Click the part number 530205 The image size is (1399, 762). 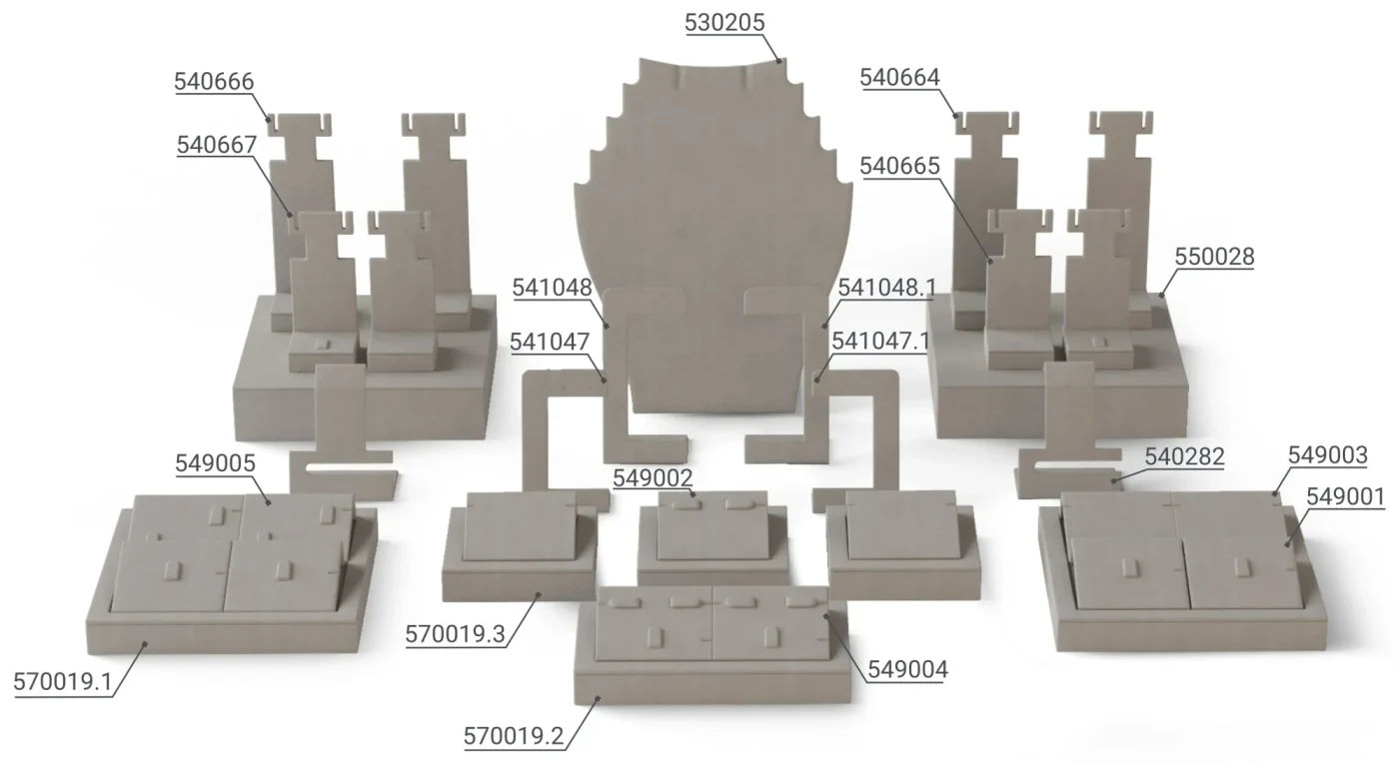pos(724,22)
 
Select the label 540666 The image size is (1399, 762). pos(214,82)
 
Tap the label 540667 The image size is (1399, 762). pos(217,145)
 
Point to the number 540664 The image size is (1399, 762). pos(900,77)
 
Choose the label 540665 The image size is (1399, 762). pos(900,166)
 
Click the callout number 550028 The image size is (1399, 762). pos(1215,257)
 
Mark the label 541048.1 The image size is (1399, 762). pos(887,288)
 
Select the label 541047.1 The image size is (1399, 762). pos(881,342)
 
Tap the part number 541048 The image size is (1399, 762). pos(552,288)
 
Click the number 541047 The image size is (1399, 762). pos(550,342)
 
